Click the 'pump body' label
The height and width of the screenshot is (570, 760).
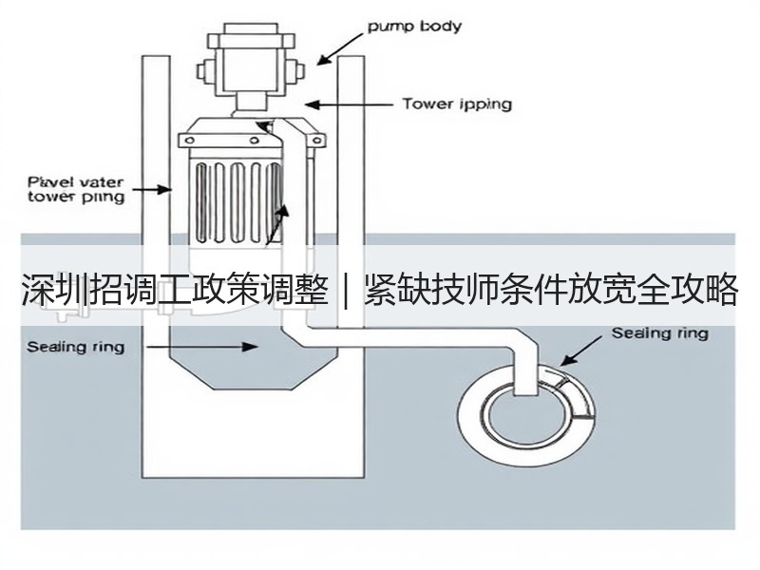(414, 26)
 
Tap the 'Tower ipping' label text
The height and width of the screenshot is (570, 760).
(457, 104)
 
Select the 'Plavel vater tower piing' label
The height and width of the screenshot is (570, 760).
(76, 189)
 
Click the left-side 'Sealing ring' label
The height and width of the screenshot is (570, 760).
(76, 347)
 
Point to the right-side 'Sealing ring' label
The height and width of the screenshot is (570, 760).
(659, 333)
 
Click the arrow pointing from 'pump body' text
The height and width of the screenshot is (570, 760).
(340, 48)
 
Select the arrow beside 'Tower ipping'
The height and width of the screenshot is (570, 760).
(349, 104)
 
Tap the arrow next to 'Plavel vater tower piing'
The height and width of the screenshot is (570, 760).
(152, 189)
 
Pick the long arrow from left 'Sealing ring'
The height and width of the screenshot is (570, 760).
(202, 347)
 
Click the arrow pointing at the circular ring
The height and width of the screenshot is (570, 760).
(583, 351)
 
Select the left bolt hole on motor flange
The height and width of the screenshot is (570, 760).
(190, 141)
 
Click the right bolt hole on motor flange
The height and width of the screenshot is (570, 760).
(317, 141)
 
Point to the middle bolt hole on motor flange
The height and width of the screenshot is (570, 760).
(254, 141)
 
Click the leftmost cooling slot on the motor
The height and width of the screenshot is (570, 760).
(201, 202)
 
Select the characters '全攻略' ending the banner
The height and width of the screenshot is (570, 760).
(688, 290)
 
